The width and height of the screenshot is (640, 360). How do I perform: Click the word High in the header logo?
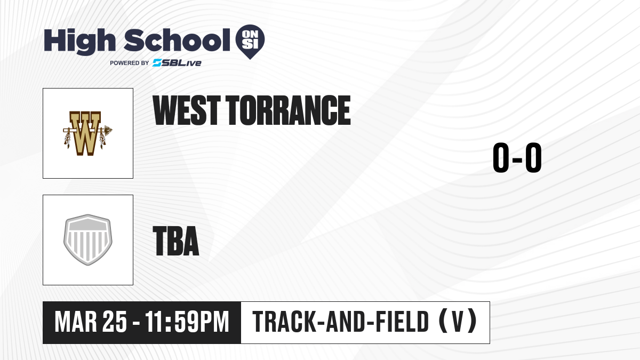(x=79, y=42)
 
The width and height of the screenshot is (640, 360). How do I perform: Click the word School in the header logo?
(x=177, y=40)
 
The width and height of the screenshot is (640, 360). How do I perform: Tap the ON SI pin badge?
(x=250, y=42)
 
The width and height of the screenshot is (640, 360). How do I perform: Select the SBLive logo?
(x=177, y=63)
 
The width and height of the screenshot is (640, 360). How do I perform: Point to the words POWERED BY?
(x=130, y=63)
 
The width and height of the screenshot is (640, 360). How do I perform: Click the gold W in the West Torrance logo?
(x=85, y=133)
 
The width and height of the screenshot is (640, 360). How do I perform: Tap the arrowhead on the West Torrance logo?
(x=108, y=130)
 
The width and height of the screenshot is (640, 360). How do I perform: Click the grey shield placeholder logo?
(x=88, y=239)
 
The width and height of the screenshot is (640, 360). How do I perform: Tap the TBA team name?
(x=176, y=241)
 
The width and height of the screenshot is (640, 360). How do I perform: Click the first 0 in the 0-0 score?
(x=501, y=157)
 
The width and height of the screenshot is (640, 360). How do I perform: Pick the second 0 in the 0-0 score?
(x=533, y=157)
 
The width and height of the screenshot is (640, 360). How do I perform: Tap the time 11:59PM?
(x=187, y=322)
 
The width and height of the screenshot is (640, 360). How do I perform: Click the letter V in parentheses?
(x=458, y=322)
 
